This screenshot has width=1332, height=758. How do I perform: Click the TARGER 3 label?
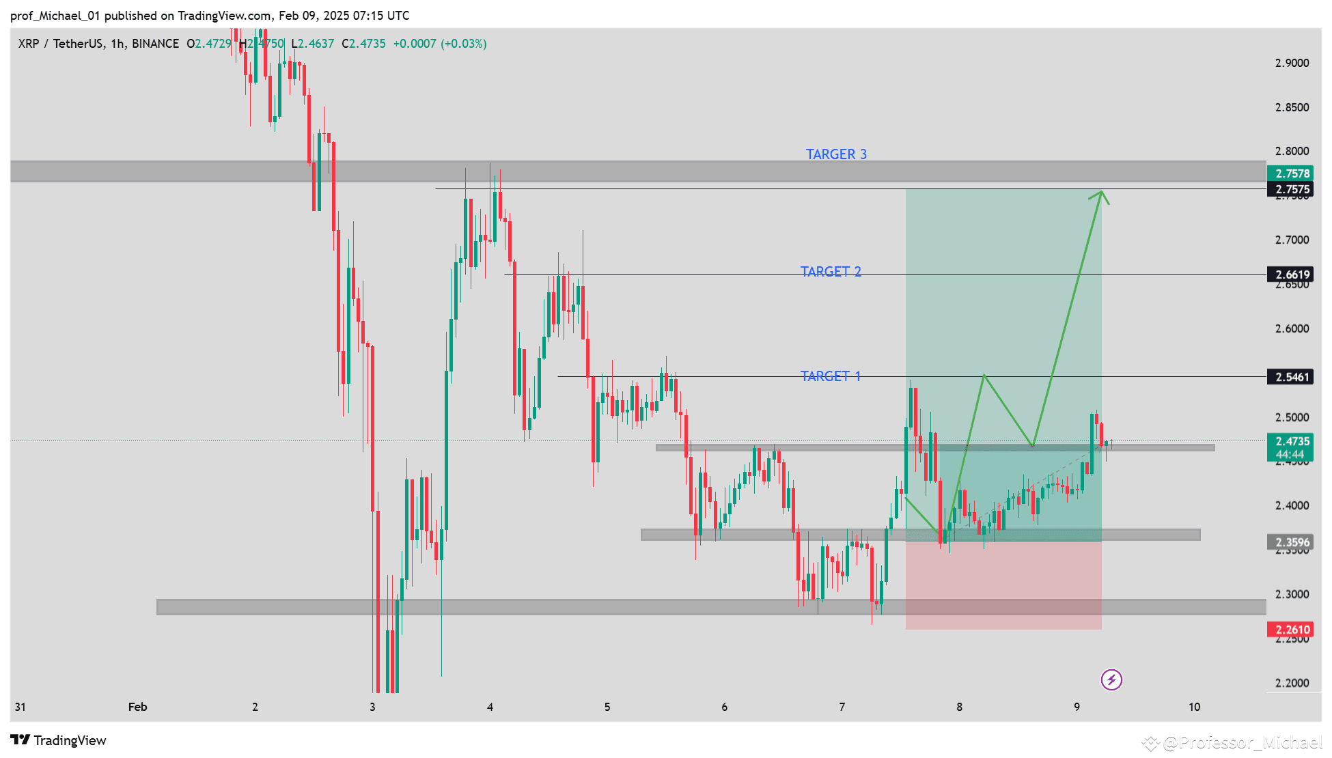click(836, 154)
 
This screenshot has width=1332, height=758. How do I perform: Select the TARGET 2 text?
click(831, 272)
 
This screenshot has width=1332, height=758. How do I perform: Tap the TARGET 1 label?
click(831, 376)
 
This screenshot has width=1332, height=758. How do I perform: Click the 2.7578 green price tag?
click(1291, 173)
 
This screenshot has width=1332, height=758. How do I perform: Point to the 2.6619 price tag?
click(1291, 275)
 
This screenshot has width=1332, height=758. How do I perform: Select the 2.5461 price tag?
click(1291, 377)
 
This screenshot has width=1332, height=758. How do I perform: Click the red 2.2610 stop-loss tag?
click(1291, 630)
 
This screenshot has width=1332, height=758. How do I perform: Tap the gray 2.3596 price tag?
click(1291, 542)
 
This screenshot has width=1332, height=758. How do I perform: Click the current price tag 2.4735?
click(1291, 442)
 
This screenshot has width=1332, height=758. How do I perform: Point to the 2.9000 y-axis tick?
click(1292, 63)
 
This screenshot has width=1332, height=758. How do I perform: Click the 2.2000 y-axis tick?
click(1292, 683)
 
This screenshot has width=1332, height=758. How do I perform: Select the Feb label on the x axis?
click(137, 707)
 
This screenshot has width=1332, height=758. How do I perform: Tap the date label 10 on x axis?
click(1194, 707)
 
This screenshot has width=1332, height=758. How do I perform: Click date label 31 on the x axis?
click(20, 707)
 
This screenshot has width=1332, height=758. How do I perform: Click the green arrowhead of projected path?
click(1100, 195)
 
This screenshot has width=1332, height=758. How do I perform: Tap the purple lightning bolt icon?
click(1111, 679)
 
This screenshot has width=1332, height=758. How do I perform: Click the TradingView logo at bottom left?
click(58, 740)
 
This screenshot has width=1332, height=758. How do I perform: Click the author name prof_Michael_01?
click(55, 15)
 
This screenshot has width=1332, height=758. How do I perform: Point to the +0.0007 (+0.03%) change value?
click(440, 44)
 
